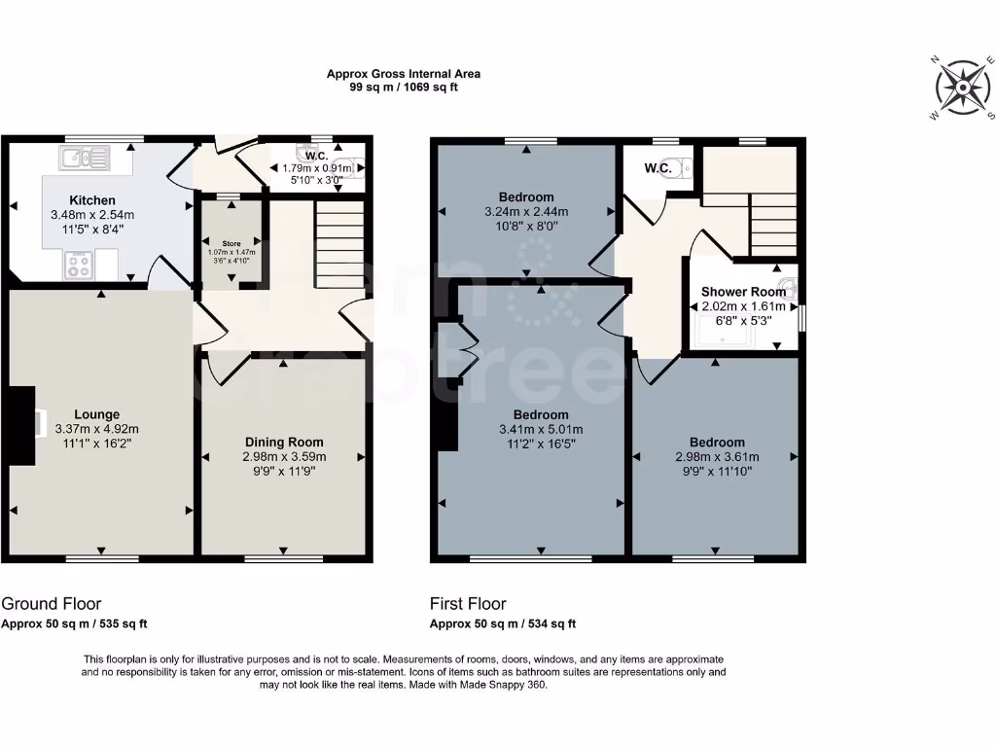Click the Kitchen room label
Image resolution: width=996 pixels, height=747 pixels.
pos(92,200)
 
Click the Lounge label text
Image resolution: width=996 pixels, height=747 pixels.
pos(98,414)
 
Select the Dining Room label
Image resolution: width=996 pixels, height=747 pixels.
pos(284,442)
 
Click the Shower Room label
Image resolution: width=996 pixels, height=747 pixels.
pos(743,292)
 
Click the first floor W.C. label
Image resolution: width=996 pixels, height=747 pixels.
pos(658,168)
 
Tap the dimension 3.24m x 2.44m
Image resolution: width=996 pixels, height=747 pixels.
pos(526,212)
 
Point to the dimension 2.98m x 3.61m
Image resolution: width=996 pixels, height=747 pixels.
pos(717,457)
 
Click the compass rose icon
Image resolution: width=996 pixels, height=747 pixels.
pos(962,89)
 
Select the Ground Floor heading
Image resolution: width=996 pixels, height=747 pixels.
pos(51,604)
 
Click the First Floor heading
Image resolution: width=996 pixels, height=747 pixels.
pos(468,604)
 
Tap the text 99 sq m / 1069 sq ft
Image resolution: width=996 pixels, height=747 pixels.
pos(403,87)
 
